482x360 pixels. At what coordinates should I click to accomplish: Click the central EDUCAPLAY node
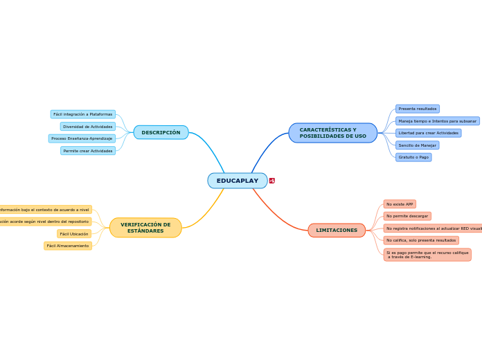pos(237,181)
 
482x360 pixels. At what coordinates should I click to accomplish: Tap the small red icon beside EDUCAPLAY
pos(272,181)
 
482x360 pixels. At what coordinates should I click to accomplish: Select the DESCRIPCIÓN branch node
pos(161,132)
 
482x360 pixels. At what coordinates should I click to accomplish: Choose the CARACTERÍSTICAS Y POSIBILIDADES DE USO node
pos(332,133)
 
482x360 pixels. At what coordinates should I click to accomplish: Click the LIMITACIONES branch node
pos(337,231)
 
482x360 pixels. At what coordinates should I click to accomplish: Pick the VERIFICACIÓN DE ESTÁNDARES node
pos(145,228)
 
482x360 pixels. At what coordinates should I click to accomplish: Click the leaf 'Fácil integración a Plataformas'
pos(82,114)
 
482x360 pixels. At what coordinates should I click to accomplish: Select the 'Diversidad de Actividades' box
pos(87,127)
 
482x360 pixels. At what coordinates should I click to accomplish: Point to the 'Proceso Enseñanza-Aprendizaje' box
pos(82,138)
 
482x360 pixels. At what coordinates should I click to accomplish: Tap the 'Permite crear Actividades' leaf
pos(87,151)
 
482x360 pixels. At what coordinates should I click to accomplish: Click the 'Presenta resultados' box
pos(417,109)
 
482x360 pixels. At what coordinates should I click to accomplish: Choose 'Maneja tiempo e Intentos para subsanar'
pos(437,121)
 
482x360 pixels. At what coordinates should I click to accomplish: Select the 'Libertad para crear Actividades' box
pos(428,133)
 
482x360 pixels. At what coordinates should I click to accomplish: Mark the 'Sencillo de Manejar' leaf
pos(417,145)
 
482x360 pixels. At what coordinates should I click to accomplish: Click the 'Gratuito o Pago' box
pos(413,157)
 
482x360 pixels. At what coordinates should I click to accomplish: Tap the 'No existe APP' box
pos(400,204)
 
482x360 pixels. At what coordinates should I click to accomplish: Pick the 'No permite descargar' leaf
pos(407,216)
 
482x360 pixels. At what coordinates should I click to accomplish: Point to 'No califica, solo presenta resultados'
pos(421,240)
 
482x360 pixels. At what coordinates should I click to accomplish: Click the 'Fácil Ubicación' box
pos(74,234)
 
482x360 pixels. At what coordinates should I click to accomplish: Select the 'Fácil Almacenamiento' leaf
pos(68,246)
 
